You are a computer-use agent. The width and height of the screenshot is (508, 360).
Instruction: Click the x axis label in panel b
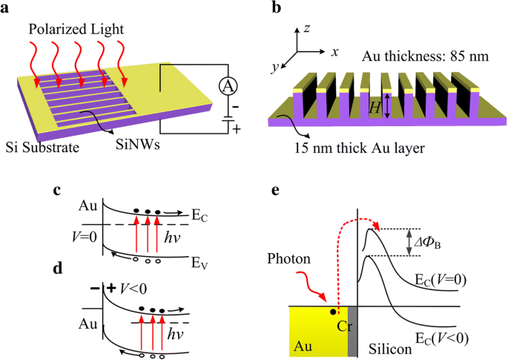(x=334, y=52)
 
